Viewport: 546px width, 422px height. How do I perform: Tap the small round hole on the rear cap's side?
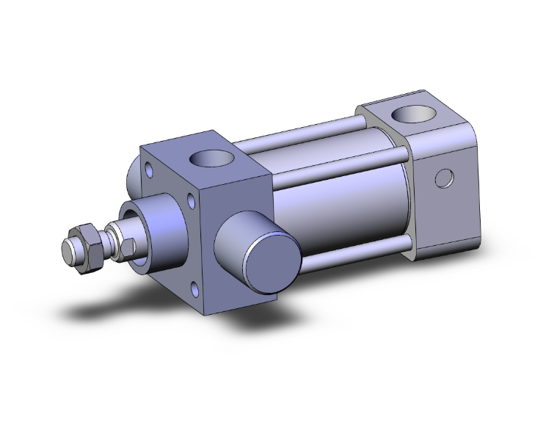(x=443, y=178)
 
